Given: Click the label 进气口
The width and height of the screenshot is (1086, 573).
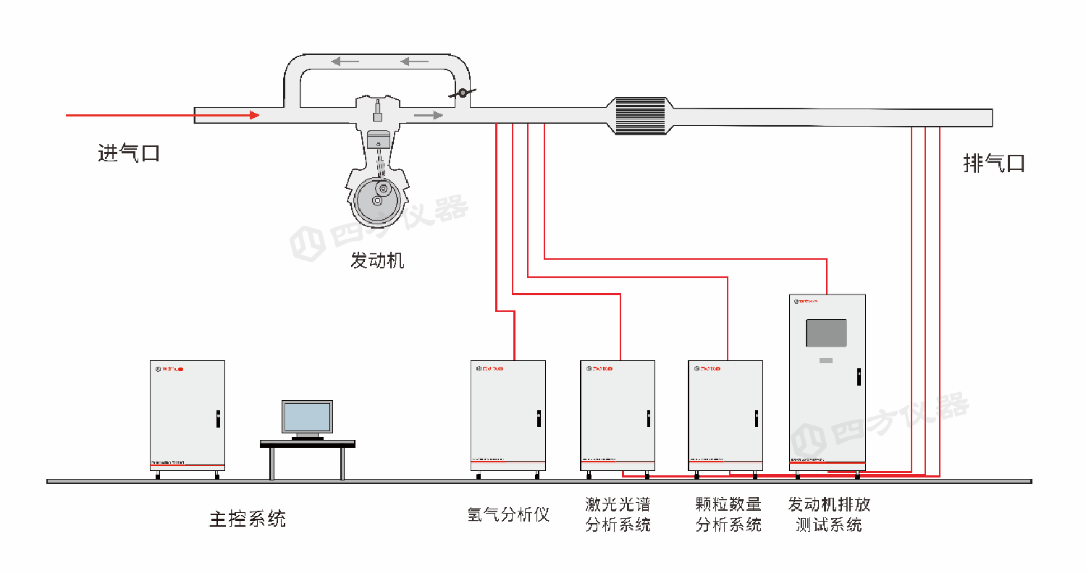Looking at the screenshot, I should tap(128, 153).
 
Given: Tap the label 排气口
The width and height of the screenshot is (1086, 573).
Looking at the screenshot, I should tap(994, 163).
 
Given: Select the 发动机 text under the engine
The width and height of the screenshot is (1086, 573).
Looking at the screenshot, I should tap(377, 260).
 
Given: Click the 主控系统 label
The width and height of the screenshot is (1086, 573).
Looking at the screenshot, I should tap(248, 518).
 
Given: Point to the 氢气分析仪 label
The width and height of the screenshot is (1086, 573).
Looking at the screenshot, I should tap(508, 514).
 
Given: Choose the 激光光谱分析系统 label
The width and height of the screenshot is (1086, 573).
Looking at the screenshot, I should tap(618, 514).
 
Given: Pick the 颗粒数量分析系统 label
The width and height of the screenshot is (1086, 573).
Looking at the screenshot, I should tap(728, 514).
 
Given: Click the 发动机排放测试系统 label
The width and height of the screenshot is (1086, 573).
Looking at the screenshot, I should tap(829, 514).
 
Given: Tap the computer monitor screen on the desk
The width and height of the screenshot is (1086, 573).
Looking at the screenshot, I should tap(307, 417).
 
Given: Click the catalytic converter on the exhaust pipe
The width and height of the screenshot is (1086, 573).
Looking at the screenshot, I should tap(639, 116).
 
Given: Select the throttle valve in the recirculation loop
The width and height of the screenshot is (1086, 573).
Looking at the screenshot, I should tap(461, 93).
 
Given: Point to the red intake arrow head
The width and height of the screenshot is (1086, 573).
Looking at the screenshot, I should tap(253, 115).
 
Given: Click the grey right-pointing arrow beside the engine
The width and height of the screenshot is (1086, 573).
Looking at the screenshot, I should tap(428, 115).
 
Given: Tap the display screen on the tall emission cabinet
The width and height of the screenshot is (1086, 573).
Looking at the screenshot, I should tap(826, 333).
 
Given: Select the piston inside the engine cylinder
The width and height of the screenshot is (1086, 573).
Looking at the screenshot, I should tap(377, 140).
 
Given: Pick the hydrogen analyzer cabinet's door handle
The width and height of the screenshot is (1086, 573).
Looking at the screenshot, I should tap(539, 417).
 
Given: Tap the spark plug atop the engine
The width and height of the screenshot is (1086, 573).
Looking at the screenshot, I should tap(377, 112).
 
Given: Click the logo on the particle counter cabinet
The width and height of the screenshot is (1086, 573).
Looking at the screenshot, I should tap(710, 369).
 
